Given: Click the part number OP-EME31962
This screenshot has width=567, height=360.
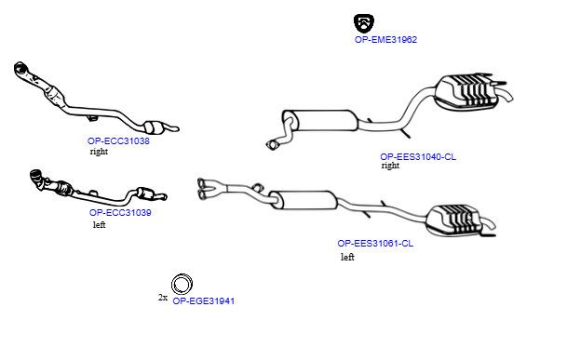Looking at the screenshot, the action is [x=385, y=39].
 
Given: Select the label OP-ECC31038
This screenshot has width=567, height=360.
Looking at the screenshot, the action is [x=118, y=140].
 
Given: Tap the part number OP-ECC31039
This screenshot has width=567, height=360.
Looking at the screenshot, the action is [x=120, y=212].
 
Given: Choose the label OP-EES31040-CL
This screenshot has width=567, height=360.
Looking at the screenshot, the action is [x=418, y=156].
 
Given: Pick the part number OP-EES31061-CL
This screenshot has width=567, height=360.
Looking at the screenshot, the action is [x=375, y=243].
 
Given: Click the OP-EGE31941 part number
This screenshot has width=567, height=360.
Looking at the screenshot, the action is [x=203, y=300].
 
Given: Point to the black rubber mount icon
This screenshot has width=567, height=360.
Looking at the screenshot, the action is [x=364, y=23].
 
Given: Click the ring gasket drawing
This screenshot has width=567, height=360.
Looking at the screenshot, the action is [x=182, y=275].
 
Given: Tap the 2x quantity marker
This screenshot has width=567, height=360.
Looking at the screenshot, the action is [x=163, y=298].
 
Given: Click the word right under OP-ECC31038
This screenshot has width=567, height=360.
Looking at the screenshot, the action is [x=99, y=152].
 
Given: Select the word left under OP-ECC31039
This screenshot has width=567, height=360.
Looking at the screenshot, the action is [x=99, y=224].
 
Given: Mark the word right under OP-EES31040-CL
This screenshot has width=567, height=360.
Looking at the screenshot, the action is [x=390, y=166].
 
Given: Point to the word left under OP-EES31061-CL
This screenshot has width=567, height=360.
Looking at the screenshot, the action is [x=347, y=257].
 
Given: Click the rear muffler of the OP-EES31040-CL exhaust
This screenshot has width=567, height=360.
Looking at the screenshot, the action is [x=465, y=91].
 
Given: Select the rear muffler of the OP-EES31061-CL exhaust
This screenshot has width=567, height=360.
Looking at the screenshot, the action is [x=453, y=220].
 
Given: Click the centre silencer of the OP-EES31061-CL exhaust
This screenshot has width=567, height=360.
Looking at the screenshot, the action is [x=304, y=200].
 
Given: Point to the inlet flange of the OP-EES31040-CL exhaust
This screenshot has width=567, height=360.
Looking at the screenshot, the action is [x=272, y=144].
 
